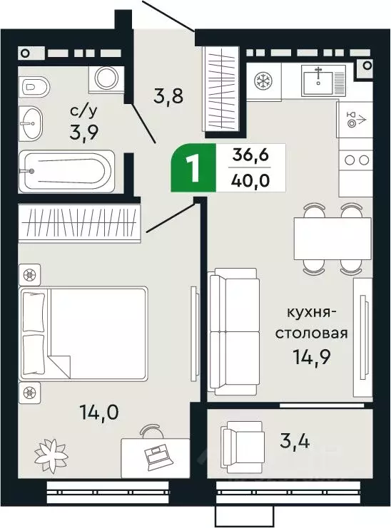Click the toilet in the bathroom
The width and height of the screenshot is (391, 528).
(36, 87)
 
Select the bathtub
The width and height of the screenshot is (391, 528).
(66, 171)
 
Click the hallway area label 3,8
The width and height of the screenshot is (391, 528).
(171, 95)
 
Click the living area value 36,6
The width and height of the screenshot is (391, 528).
(250, 156)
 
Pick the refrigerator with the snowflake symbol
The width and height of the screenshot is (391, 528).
(263, 80)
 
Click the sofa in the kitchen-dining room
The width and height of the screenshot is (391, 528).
(233, 331)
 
